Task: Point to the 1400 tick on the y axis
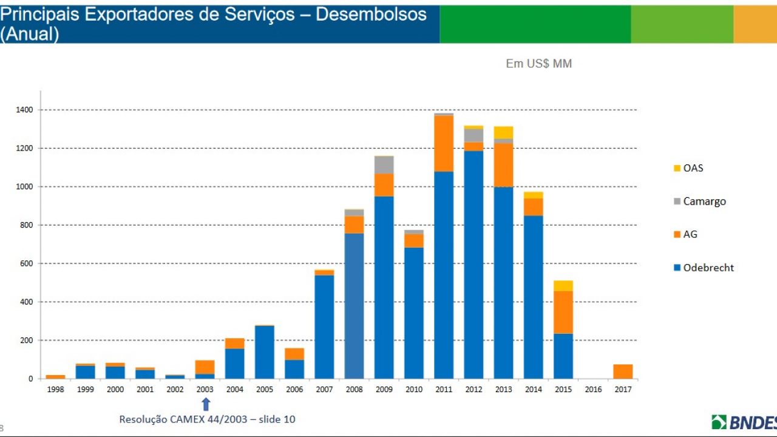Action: (x=25, y=110)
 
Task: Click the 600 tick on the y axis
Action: (x=27, y=263)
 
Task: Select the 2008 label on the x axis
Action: (x=355, y=390)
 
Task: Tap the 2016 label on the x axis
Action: (x=593, y=390)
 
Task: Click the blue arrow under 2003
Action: (x=206, y=404)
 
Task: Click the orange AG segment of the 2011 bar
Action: (x=444, y=143)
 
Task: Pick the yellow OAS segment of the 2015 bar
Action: (x=563, y=286)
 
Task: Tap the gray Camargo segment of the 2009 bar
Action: (x=384, y=165)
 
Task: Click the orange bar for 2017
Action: (x=623, y=371)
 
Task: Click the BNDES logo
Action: (x=744, y=422)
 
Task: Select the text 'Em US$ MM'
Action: (x=538, y=64)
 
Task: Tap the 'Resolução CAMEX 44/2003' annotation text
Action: (x=183, y=419)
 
